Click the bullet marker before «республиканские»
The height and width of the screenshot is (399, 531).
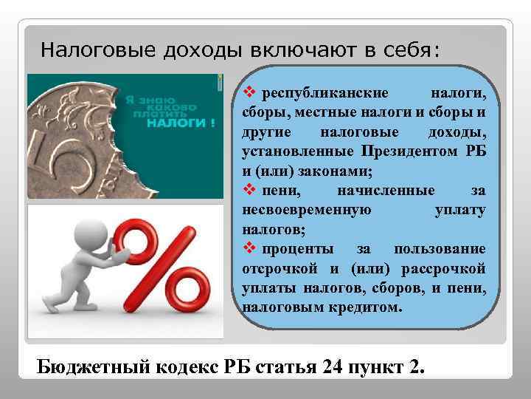(x=247, y=93)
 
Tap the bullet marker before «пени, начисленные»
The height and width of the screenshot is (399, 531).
(x=247, y=190)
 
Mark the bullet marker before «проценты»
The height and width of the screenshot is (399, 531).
(x=247, y=248)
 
